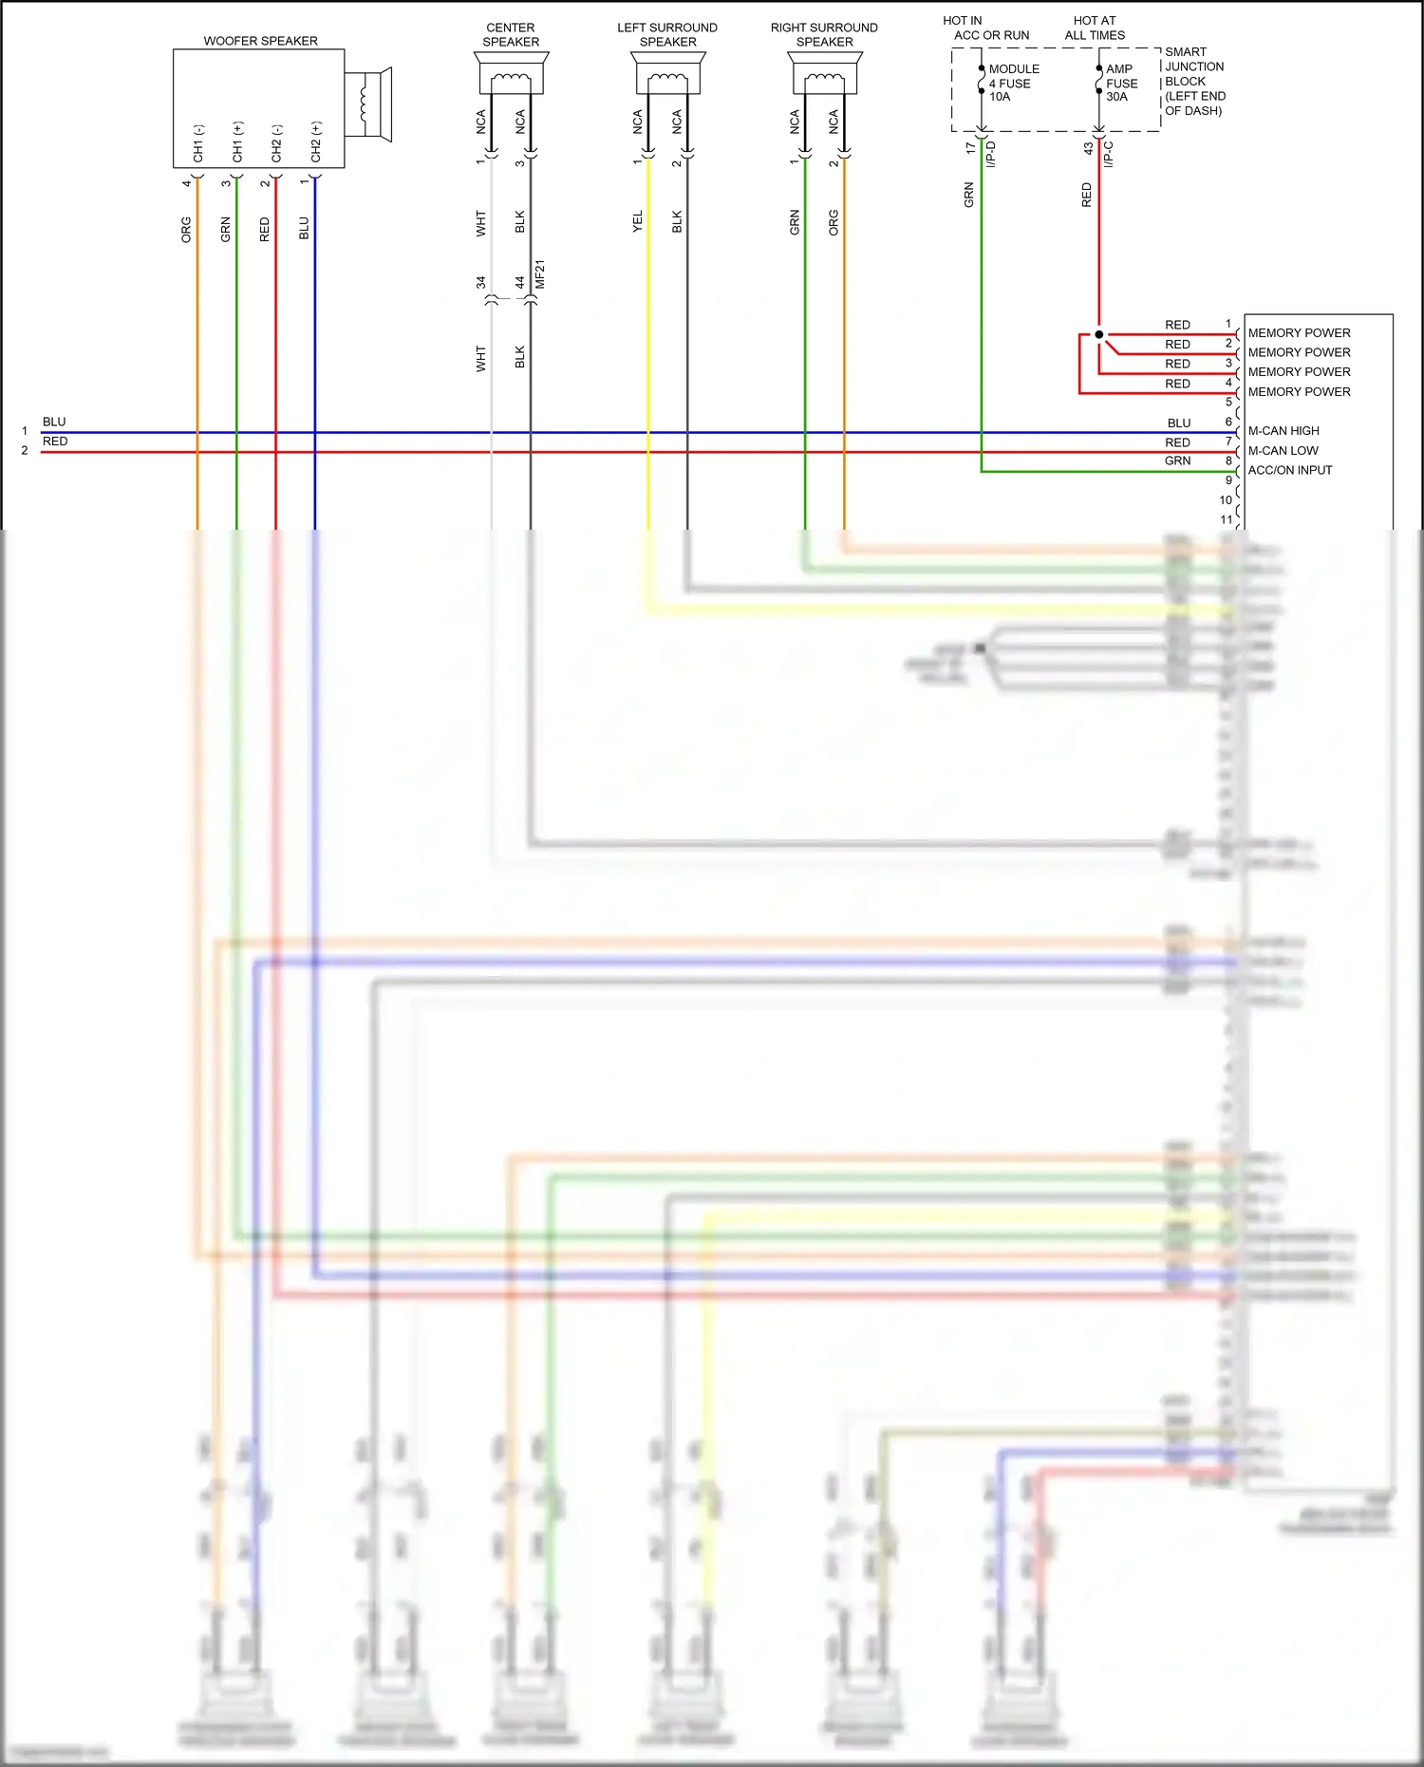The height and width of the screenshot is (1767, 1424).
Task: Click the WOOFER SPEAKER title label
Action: point(260,41)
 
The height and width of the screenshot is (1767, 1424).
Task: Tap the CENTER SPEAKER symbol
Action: point(511,74)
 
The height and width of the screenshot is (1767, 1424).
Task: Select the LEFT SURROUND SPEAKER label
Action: point(667,34)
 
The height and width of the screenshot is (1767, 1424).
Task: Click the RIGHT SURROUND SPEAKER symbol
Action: point(825,74)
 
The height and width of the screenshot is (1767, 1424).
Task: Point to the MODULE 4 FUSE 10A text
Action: point(1013,83)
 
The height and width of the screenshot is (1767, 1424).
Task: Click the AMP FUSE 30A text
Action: point(1121,83)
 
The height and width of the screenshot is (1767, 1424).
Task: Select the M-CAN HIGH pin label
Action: point(1283,431)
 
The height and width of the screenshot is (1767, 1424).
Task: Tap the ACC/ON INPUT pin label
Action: point(1289,470)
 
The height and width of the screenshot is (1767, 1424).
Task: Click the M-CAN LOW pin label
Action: point(1283,451)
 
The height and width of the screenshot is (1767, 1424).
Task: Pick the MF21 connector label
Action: point(540,273)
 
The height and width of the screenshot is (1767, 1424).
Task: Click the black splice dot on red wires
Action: point(1099,334)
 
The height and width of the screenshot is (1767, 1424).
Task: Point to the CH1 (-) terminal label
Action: point(198,142)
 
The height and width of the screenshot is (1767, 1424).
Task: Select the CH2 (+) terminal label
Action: point(316,141)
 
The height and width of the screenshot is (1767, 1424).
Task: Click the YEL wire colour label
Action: point(637,221)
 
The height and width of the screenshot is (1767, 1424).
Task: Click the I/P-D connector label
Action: point(990,155)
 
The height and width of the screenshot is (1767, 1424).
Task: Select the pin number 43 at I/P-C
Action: point(1089,149)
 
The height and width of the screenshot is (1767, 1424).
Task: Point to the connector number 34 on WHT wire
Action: point(480,282)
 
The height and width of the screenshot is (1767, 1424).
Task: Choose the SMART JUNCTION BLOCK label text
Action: point(1194,81)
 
